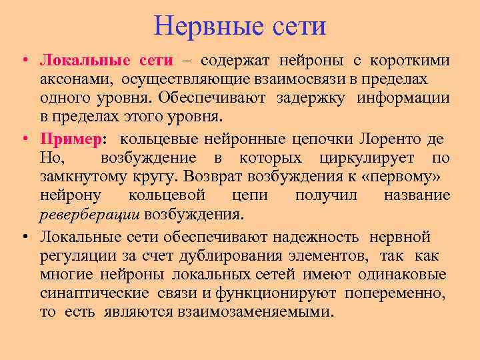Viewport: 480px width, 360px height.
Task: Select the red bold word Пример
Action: tap(69, 139)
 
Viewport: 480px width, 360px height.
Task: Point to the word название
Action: tap(417, 196)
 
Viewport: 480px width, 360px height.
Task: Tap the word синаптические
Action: tap(85, 294)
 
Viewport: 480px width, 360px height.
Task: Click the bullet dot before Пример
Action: tap(23, 139)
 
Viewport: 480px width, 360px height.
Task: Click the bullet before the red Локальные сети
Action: tap(23, 61)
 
